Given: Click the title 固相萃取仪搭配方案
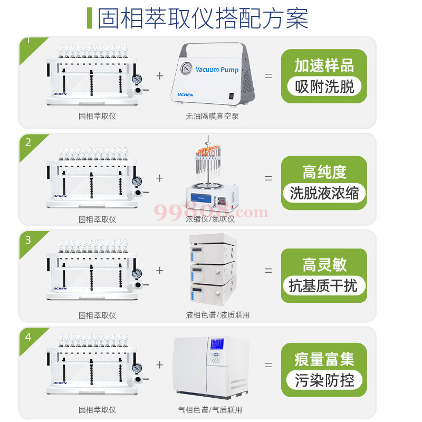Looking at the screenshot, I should [203, 18].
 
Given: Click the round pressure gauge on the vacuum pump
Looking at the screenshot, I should [186, 69].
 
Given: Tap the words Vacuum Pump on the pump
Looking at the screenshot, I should [217, 70].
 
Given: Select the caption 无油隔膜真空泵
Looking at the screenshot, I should [212, 116].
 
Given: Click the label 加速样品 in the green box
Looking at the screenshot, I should [324, 66].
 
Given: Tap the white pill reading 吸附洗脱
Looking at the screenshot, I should [324, 87].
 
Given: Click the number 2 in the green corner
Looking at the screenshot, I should [28, 142].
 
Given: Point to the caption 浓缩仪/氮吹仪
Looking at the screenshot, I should [210, 219].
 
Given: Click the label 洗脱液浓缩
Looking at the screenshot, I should [324, 193].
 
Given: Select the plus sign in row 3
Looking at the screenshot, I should [160, 271].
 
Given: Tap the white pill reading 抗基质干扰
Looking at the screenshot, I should [324, 286].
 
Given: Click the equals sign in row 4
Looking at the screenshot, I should [268, 365].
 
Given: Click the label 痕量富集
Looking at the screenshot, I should [324, 360].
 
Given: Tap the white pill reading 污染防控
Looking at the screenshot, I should [324, 380].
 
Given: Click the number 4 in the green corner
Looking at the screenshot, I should [28, 337].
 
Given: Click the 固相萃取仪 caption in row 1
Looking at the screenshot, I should [97, 116].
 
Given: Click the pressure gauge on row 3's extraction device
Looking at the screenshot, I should [137, 274].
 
